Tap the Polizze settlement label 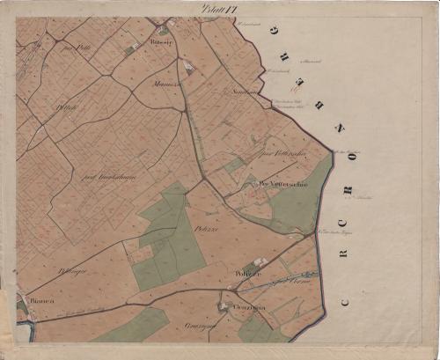pyautogui.click(x=246, y=275)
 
